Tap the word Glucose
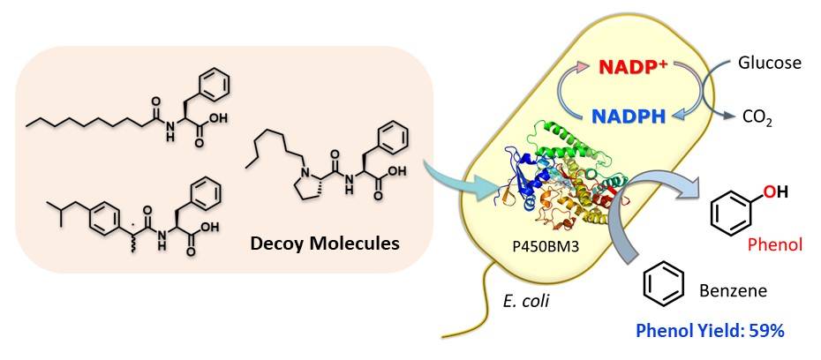[769, 64]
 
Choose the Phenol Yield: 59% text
[710, 331]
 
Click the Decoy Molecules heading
[325, 244]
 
